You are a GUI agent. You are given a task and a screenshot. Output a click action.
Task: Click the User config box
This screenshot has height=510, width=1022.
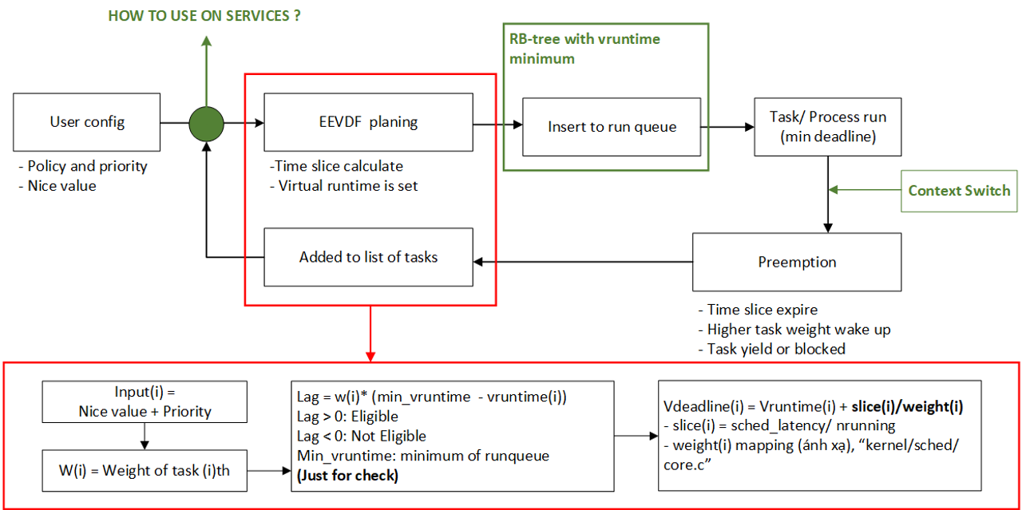click(x=87, y=122)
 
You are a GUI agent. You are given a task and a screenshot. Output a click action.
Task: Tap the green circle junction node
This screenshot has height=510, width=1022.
click(x=206, y=124)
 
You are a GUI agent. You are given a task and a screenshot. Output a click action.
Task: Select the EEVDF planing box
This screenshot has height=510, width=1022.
click(x=368, y=122)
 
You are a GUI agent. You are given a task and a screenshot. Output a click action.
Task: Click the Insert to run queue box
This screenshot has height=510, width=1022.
click(x=612, y=126)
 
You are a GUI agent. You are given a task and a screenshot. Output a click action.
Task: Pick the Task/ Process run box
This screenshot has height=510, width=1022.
click(x=828, y=127)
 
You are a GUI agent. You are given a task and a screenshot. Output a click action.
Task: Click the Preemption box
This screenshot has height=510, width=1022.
click(x=797, y=262)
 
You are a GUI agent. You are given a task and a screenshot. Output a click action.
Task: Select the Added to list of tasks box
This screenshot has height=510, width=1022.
click(x=368, y=257)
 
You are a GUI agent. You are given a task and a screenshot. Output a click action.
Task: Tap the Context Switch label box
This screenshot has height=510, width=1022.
click(x=959, y=191)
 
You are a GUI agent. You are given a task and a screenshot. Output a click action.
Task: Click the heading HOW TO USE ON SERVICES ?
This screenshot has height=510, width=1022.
click(x=204, y=16)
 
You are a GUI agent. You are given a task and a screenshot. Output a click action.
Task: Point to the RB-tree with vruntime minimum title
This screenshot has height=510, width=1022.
click(x=584, y=49)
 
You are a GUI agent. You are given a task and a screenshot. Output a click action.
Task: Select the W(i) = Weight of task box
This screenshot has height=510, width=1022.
click(x=145, y=470)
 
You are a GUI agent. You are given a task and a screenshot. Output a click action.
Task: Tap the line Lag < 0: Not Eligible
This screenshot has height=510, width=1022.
click(x=361, y=437)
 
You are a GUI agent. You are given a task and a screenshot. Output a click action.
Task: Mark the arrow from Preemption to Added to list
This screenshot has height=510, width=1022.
click(x=583, y=261)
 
